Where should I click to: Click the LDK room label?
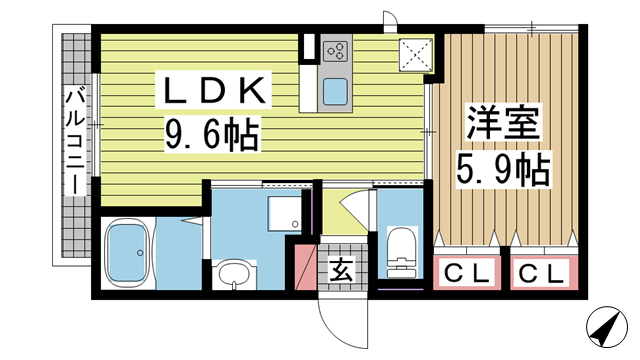[x=213, y=90]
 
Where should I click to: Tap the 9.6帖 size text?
[x=212, y=134]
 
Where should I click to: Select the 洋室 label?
[x=504, y=122]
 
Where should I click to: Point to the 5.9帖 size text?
[x=503, y=170]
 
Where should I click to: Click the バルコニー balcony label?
[x=76, y=142]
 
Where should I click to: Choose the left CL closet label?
[x=467, y=273]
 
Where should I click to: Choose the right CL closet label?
[x=542, y=273]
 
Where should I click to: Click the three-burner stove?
[x=336, y=52]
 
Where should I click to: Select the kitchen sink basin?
[x=336, y=92]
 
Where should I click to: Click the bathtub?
[x=127, y=253]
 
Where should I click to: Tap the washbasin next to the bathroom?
[x=234, y=274]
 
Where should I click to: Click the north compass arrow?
[x=607, y=327]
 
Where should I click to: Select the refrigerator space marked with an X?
[x=416, y=55]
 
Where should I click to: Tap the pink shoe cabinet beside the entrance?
[x=305, y=267]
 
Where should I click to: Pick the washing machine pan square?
[x=284, y=214]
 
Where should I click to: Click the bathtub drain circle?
[x=140, y=253]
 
